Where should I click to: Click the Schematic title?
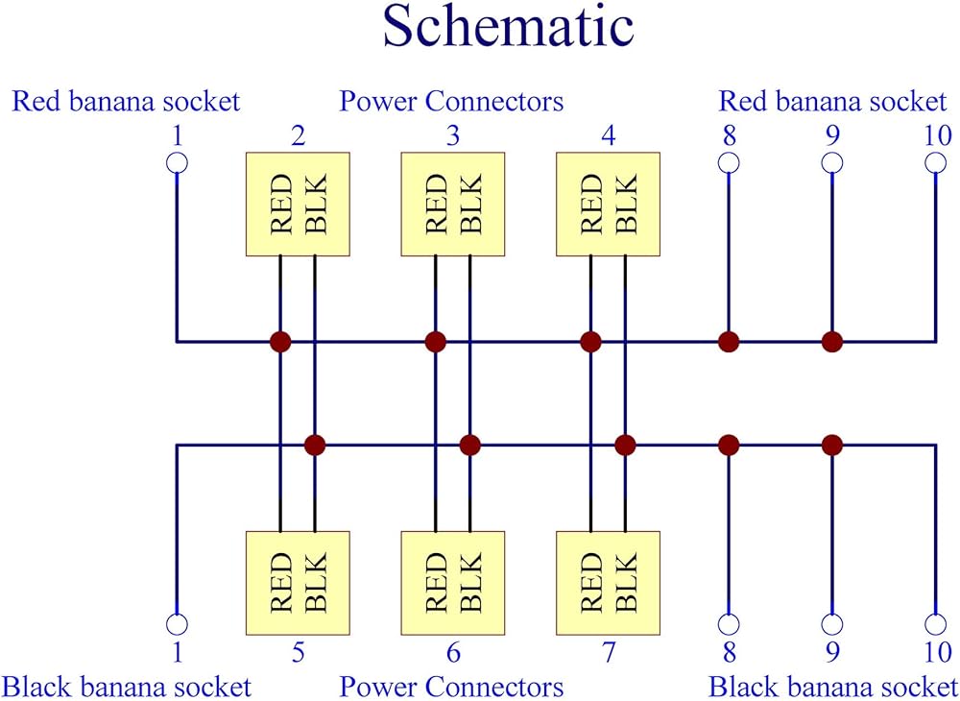508,28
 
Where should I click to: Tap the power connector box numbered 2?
298,204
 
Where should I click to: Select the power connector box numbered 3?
452,204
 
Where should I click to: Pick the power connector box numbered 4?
609,204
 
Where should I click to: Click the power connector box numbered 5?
298,582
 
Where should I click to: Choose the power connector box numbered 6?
452,582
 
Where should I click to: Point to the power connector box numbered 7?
609,582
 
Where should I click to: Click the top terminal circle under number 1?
177,162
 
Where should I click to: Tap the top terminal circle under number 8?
729,162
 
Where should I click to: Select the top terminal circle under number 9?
832,162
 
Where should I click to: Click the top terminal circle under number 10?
936,162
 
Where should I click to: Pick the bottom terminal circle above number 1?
177,624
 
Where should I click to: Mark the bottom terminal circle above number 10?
936,624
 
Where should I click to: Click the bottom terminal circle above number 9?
832,624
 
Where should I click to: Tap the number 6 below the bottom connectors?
452,654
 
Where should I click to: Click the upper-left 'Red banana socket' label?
125,101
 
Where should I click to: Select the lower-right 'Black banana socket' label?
833,687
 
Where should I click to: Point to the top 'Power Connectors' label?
451,101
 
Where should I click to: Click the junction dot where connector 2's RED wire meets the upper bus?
280,341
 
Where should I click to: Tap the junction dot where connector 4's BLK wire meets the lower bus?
625,445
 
